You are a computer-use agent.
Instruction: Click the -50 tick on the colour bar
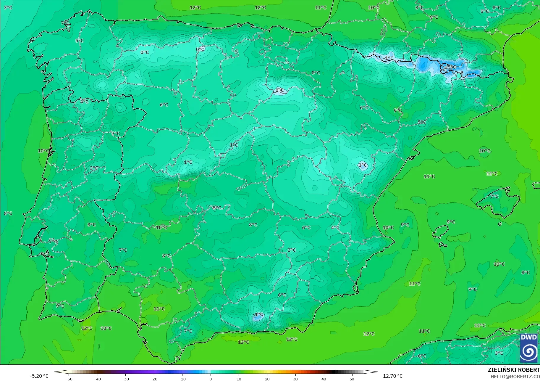[69, 379]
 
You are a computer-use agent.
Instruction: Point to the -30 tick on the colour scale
[125, 379]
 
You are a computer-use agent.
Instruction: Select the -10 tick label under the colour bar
[182, 379]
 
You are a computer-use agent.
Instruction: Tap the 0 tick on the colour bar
[211, 379]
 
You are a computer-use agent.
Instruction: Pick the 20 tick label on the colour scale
[267, 379]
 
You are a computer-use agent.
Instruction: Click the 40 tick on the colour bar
[324, 379]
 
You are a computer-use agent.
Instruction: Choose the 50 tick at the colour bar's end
[352, 379]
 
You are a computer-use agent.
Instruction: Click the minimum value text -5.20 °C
[39, 376]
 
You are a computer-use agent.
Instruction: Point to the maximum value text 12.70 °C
[393, 376]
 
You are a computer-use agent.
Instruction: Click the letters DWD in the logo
[529, 337]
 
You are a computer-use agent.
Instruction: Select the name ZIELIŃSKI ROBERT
[514, 370]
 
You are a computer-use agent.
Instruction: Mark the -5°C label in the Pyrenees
[450, 67]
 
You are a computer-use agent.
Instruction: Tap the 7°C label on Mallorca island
[494, 196]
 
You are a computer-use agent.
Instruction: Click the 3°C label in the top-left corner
[8, 7]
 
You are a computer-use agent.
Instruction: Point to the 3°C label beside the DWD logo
[499, 353]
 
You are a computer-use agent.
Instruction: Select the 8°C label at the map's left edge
[8, 213]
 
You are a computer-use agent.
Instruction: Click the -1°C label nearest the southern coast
[258, 314]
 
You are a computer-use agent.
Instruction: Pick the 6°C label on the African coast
[422, 356]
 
